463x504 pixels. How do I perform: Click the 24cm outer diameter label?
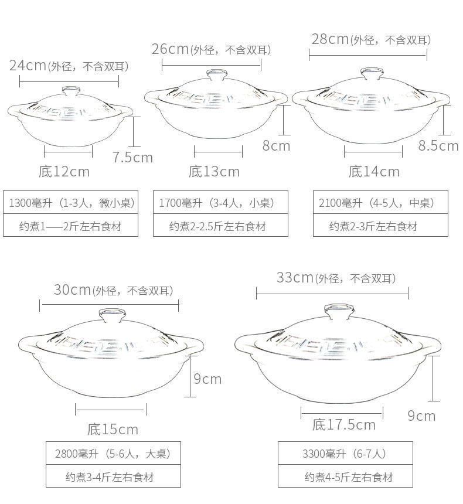coord(69,66)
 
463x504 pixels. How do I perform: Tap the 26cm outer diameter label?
coord(212,49)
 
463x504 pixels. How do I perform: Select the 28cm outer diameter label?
coord(370,39)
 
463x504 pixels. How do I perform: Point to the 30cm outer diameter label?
coord(113,290)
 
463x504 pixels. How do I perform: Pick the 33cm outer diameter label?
coord(336,278)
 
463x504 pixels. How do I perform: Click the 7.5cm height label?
coord(132,157)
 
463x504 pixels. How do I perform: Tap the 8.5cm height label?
coord(438,145)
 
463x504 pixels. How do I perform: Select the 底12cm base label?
coord(64,172)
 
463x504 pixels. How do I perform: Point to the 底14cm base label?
coord(374,172)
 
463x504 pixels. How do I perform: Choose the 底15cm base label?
coord(113,430)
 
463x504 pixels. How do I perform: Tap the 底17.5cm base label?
coord(343,424)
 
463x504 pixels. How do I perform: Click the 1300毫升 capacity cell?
coord(71,203)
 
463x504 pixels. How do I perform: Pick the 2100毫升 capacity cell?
coord(380,203)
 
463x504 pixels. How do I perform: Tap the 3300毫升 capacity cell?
coord(345,454)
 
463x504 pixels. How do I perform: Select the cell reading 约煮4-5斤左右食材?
coord(345,477)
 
